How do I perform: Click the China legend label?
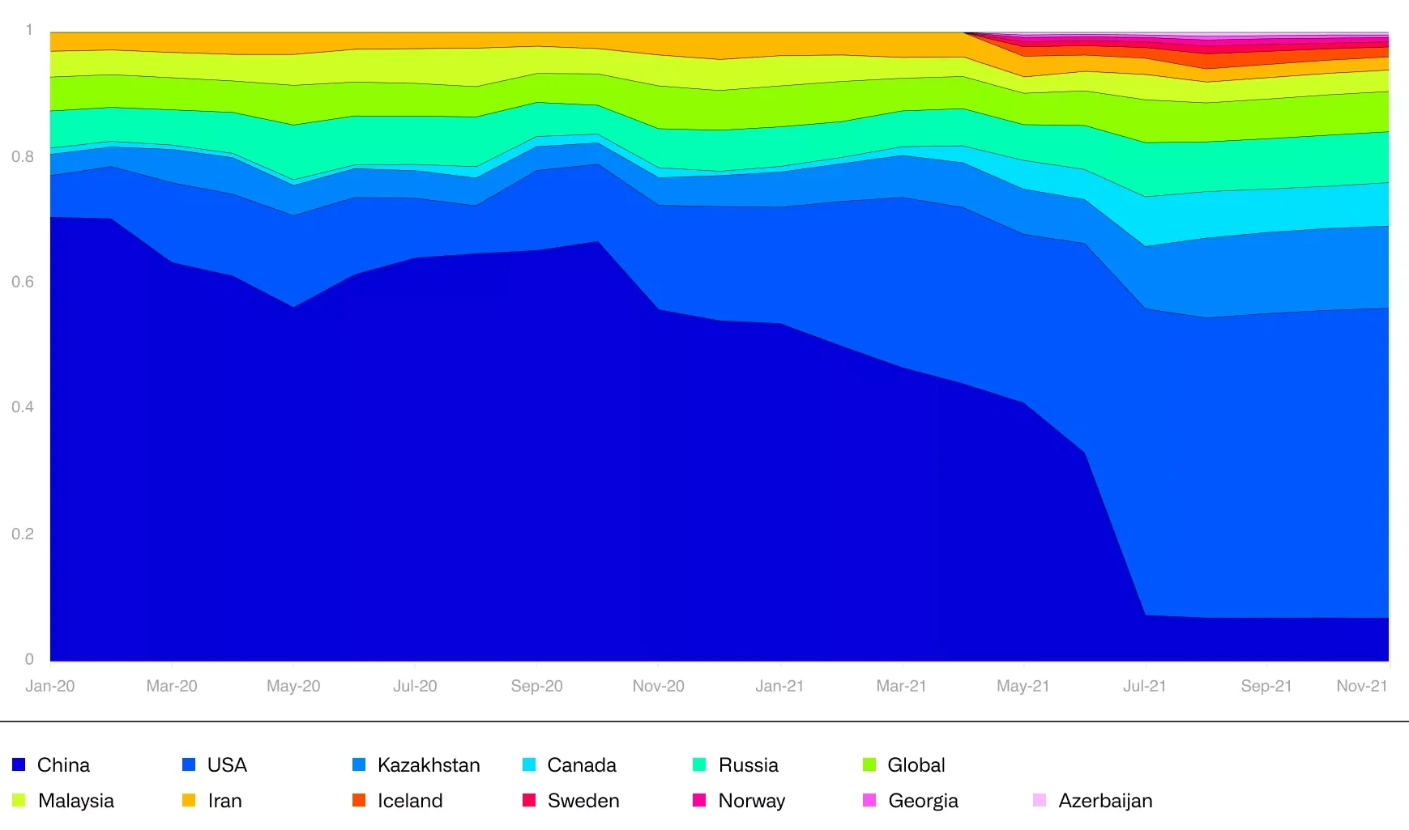point(63,764)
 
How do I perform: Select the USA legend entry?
point(227,764)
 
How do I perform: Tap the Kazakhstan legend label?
point(429,764)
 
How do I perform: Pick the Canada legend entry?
point(581,764)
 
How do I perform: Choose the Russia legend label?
point(748,764)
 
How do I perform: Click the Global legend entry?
point(916,764)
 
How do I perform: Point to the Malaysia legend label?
point(75,800)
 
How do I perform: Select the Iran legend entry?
point(224,800)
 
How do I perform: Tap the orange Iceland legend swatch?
point(359,800)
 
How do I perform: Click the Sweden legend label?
point(583,800)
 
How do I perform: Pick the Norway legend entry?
point(751,800)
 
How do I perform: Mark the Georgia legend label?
point(923,800)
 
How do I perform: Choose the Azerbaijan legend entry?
point(1105,800)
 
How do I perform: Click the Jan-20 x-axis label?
point(50,686)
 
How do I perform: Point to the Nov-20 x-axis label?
point(658,686)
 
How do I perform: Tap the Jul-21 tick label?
point(1144,686)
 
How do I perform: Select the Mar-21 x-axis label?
point(901,686)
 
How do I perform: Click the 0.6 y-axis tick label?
point(23,282)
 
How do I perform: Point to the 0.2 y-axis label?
point(23,534)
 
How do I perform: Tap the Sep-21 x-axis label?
point(1266,686)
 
